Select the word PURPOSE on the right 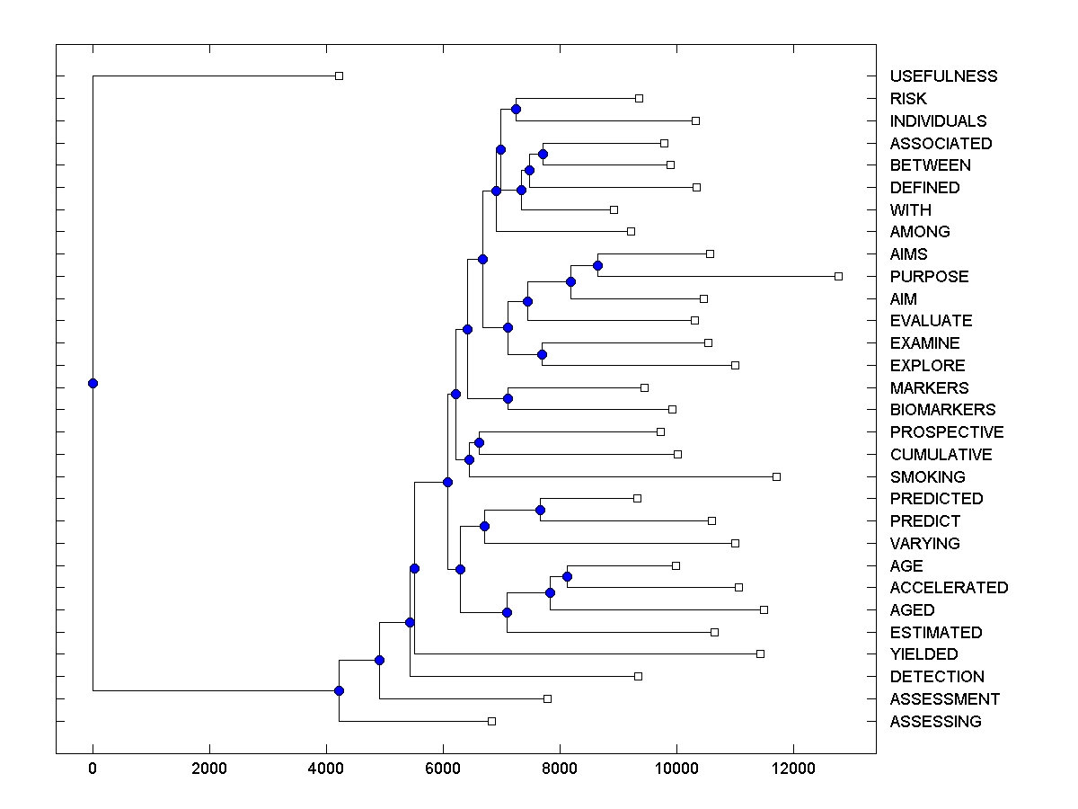929,277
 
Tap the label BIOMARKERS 942,410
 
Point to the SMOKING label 927,477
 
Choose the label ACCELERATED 949,588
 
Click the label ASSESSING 935,722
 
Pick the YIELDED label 923,654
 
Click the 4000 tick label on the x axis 326,769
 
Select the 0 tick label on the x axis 93,769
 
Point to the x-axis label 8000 560,769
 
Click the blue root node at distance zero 93,383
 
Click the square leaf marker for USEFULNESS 339,76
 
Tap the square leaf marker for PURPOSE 838,276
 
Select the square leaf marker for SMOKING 776,476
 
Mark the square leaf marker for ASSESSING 491,721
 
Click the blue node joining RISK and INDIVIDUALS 516,110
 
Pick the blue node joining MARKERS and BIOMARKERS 508,398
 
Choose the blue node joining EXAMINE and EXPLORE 542,354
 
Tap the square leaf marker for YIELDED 760,653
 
